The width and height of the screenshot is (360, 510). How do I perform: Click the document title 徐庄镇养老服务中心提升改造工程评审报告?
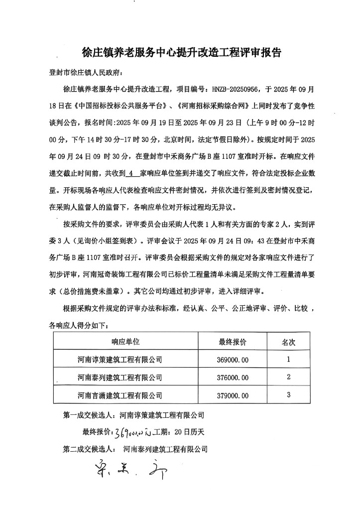coord(182,51)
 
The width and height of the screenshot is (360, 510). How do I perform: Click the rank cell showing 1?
coord(289,359)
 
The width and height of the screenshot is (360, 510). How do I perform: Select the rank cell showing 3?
coord(289,395)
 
